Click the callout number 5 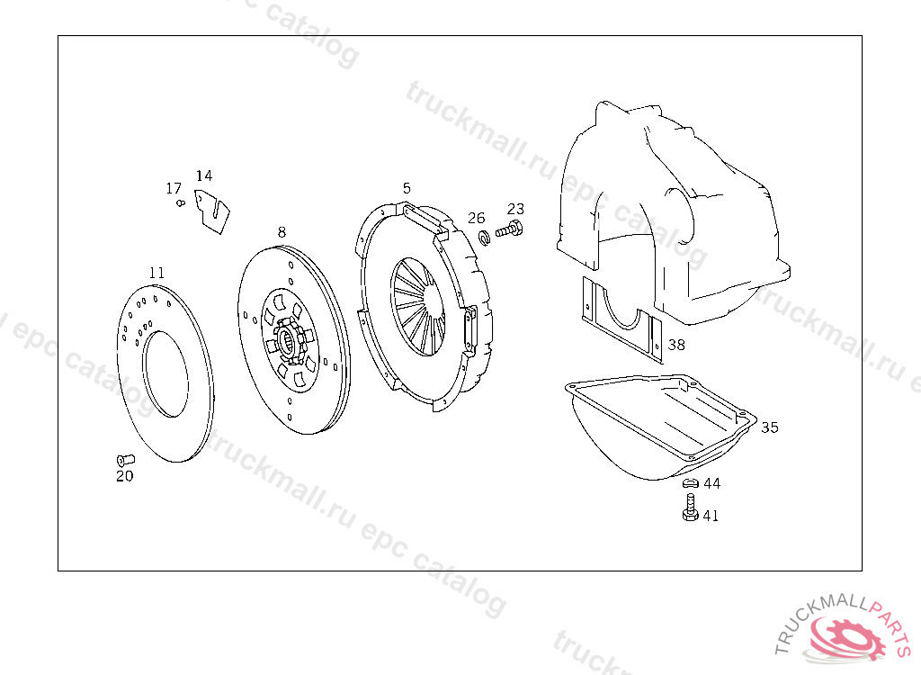pyautogui.click(x=407, y=188)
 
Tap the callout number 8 pyautogui.click(x=282, y=232)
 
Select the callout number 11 pyautogui.click(x=156, y=273)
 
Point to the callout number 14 pyautogui.click(x=204, y=175)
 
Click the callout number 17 pyautogui.click(x=174, y=188)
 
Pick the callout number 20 pyautogui.click(x=124, y=476)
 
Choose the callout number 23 pyautogui.click(x=515, y=209)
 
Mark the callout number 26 pyautogui.click(x=477, y=218)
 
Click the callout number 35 pyautogui.click(x=770, y=427)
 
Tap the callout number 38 pyautogui.click(x=676, y=345)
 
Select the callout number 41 pyautogui.click(x=711, y=516)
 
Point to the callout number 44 pyautogui.click(x=712, y=483)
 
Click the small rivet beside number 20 pyautogui.click(x=126, y=460)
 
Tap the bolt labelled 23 pyautogui.click(x=509, y=229)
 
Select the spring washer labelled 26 pyautogui.click(x=485, y=238)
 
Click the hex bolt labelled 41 pyautogui.click(x=691, y=508)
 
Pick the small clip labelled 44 pyautogui.click(x=690, y=483)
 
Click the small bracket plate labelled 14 pyautogui.click(x=211, y=211)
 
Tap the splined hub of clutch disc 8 pyautogui.click(x=289, y=339)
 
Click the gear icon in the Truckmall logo pyautogui.click(x=846, y=635)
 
